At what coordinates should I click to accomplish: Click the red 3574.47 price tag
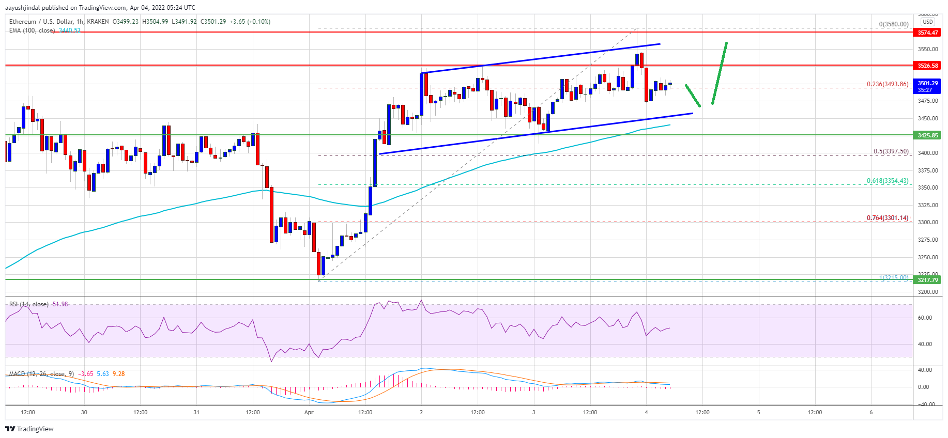(x=928, y=33)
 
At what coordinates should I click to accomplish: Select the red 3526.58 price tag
(x=928, y=66)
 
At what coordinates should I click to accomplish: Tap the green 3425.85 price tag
(x=928, y=135)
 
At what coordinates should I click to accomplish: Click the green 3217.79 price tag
(x=928, y=280)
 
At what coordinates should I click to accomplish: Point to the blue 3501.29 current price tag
(x=928, y=86)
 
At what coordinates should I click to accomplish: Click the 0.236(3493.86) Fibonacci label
(x=888, y=84)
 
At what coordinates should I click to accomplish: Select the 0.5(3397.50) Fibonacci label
(x=891, y=151)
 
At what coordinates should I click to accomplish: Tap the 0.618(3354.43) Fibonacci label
(x=888, y=181)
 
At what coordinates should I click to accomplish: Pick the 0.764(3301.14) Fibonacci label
(x=888, y=218)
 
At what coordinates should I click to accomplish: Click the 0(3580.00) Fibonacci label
(x=894, y=24)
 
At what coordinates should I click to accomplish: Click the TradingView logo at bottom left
(x=29, y=429)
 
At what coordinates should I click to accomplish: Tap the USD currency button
(x=928, y=22)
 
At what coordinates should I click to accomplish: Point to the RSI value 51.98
(x=60, y=304)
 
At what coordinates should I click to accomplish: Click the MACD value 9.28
(x=118, y=374)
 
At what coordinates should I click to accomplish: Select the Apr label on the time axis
(x=309, y=412)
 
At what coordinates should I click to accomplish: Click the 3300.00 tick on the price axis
(x=928, y=222)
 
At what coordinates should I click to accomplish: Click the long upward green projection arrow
(x=720, y=73)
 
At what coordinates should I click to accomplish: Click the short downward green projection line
(x=693, y=96)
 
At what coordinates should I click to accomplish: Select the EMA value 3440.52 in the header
(x=70, y=30)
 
